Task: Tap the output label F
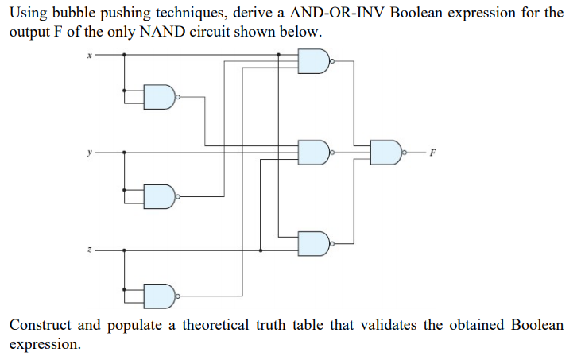coord(432,151)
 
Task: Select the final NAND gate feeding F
coord(386,151)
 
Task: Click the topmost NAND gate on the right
coord(312,60)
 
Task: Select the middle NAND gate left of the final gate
coord(312,151)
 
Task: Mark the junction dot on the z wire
coord(261,250)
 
